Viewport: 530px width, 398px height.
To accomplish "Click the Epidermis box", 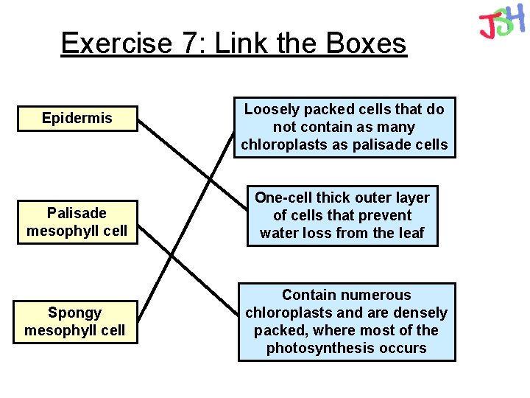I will [77, 119].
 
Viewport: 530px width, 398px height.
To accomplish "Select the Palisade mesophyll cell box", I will [77, 222].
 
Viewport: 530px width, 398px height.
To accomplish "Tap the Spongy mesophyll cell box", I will [75, 321].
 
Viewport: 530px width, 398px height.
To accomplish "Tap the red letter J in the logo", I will [487, 27].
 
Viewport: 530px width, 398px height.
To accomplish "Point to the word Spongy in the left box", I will [75, 313].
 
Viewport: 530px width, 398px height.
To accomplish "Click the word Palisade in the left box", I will [77, 213].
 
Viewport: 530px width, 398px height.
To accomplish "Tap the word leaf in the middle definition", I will [411, 233].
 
